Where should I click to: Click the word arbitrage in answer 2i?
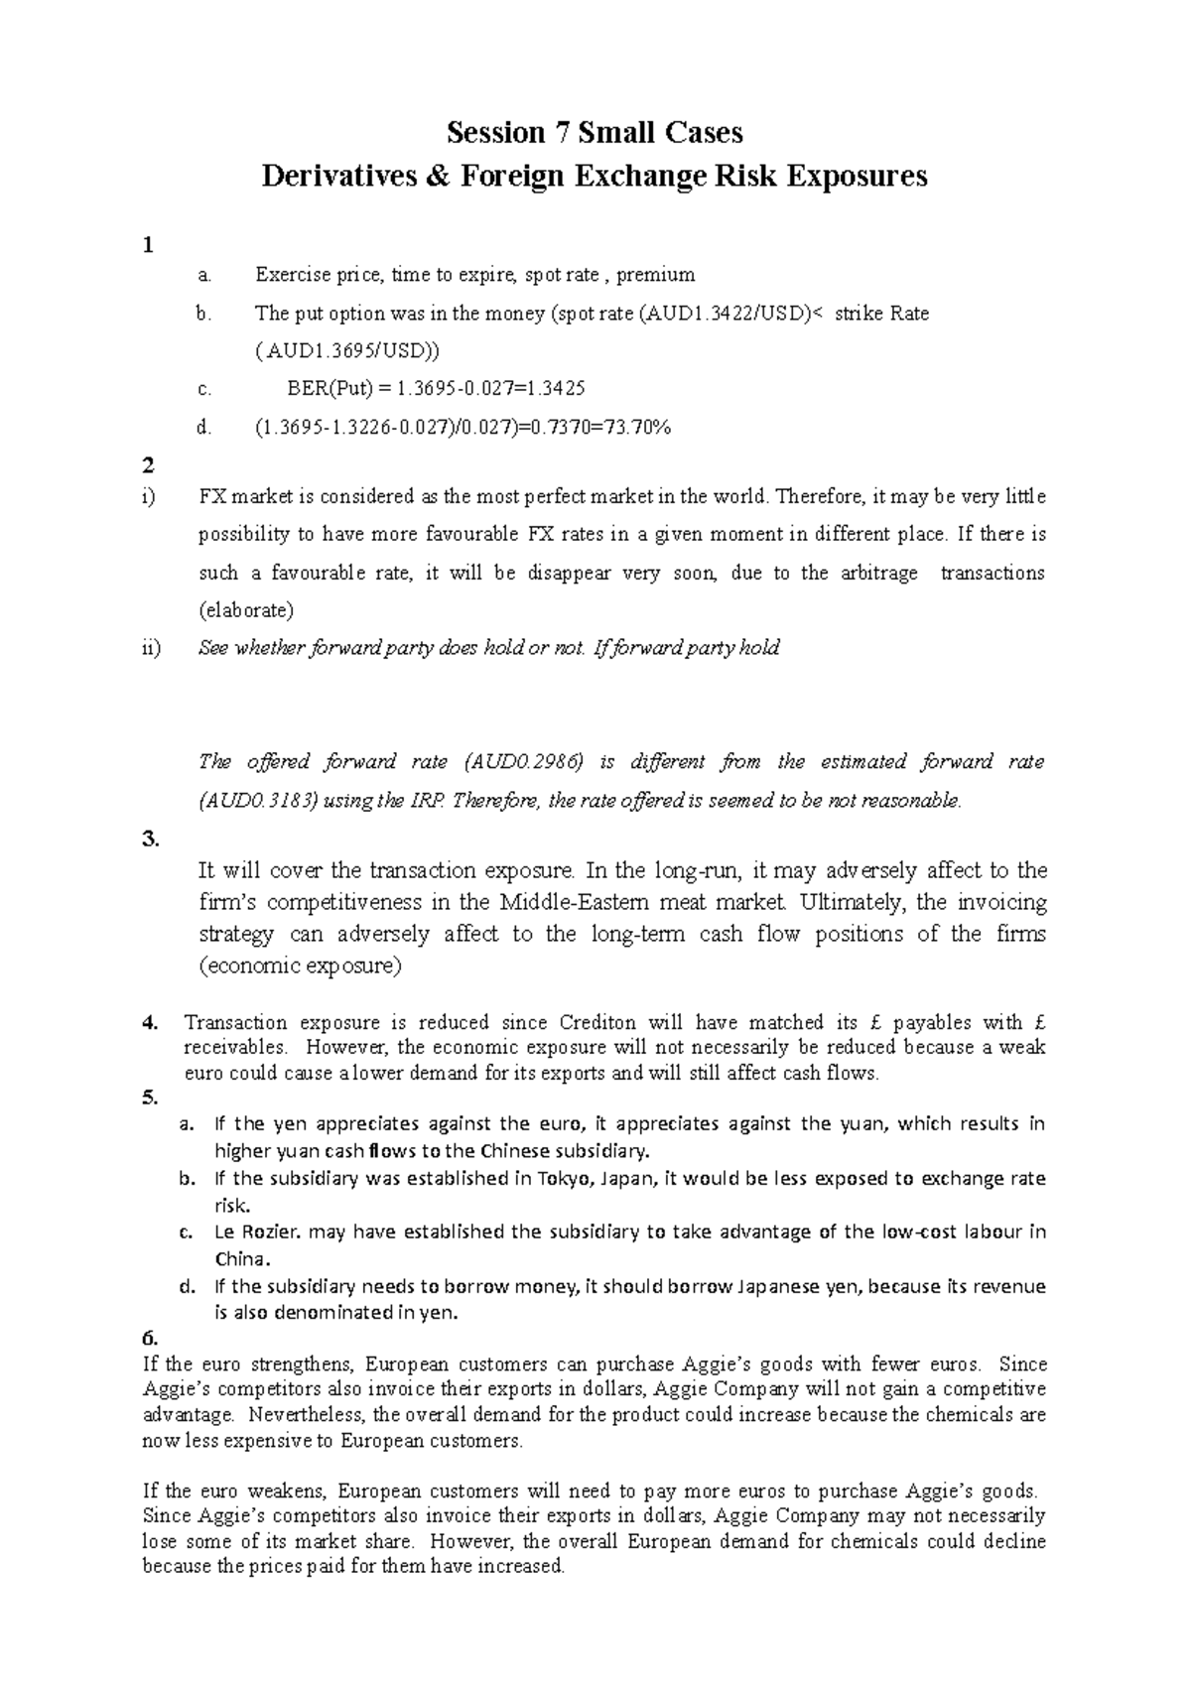pos(873,574)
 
